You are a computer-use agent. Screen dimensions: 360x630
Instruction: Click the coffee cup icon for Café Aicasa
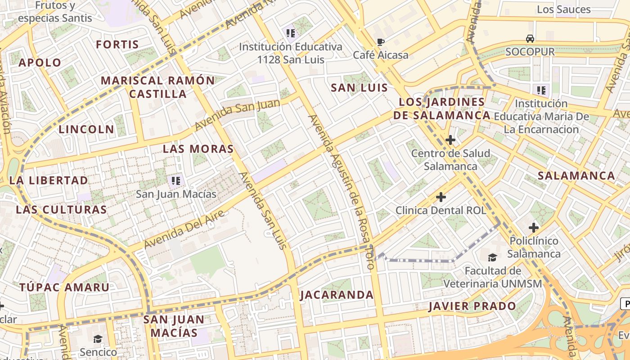(x=381, y=42)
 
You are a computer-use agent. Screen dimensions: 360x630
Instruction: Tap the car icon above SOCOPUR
(x=530, y=39)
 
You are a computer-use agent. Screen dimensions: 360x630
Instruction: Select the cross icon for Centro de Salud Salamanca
(x=450, y=140)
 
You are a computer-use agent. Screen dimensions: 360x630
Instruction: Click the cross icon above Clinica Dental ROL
(x=441, y=197)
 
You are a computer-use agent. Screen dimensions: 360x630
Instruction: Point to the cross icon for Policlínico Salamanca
(x=534, y=228)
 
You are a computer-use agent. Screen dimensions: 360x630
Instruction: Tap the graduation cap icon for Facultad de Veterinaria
(x=493, y=257)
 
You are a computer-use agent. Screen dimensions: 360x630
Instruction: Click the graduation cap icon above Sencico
(x=98, y=338)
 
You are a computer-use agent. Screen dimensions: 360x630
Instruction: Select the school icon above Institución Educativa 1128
(x=290, y=33)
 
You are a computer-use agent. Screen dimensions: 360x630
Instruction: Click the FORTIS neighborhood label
(x=117, y=45)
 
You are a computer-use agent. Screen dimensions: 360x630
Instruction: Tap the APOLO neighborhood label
(x=40, y=63)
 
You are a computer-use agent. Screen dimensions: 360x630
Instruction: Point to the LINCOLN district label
(x=86, y=130)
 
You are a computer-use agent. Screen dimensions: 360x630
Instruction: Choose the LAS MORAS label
(x=198, y=149)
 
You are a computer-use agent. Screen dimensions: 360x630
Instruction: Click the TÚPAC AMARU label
(x=64, y=287)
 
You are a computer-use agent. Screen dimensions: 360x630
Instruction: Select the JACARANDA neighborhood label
(x=337, y=295)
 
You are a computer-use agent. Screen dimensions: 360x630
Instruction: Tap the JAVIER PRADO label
(x=472, y=306)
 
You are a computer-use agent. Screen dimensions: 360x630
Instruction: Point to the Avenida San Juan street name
(x=238, y=114)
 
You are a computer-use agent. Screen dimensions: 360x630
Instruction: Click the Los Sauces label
(x=564, y=9)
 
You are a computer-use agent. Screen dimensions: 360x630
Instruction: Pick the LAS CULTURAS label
(x=61, y=210)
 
